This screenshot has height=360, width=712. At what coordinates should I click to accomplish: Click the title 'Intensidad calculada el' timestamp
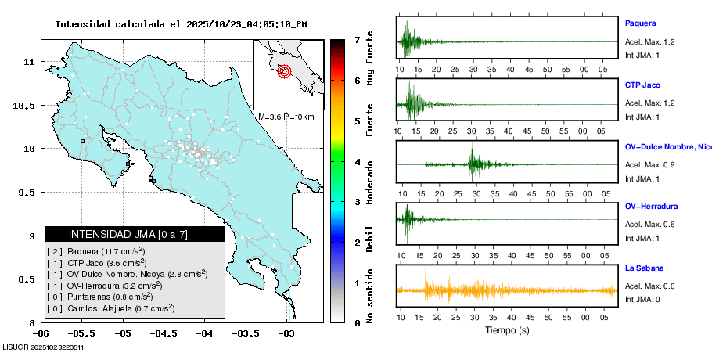(x=181, y=23)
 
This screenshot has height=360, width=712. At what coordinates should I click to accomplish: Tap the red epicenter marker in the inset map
(x=284, y=71)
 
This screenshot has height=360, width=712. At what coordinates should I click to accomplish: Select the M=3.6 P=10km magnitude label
(x=286, y=117)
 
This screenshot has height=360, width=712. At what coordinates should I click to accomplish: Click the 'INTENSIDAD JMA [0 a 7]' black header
(x=135, y=234)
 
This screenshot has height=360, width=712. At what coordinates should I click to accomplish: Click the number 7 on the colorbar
(x=357, y=39)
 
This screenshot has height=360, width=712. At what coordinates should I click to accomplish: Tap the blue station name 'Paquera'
(x=640, y=23)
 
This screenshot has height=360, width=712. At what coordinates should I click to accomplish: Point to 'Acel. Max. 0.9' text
(x=649, y=164)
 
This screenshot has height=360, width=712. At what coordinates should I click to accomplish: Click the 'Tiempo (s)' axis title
(x=506, y=330)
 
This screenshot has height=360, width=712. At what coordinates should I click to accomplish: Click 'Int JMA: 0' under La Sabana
(x=642, y=300)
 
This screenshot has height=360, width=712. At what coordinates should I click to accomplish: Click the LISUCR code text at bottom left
(x=44, y=347)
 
